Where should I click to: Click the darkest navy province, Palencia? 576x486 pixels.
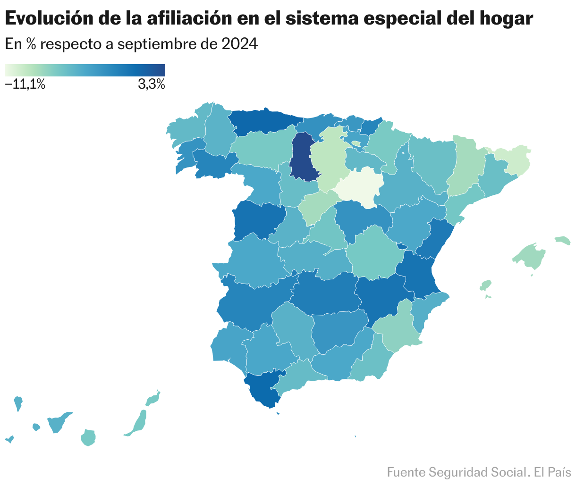tap(301, 157)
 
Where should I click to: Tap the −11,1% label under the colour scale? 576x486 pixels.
tap(25, 85)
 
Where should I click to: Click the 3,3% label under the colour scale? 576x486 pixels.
tap(151, 85)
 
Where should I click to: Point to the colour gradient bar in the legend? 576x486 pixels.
tap(85, 70)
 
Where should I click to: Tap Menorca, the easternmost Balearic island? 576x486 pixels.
tap(563, 240)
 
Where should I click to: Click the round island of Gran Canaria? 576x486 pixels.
tap(88, 437)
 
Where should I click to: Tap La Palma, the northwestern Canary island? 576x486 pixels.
tap(18, 403)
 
